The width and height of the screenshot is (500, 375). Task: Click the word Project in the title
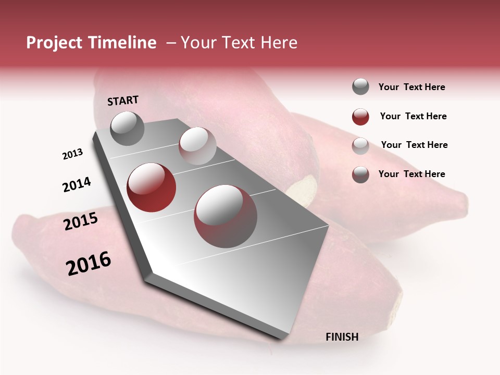(x=54, y=43)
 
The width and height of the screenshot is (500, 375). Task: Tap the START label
(x=123, y=101)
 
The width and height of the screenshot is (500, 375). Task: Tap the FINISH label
(x=342, y=337)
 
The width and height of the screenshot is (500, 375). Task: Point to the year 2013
(x=72, y=154)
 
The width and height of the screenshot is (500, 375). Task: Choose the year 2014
(x=77, y=185)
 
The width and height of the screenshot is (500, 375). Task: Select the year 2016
(x=89, y=264)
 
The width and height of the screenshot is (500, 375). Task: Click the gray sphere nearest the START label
(x=127, y=128)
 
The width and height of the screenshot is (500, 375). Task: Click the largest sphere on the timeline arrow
(x=226, y=216)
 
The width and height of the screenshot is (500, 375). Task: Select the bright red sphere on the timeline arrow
(x=152, y=187)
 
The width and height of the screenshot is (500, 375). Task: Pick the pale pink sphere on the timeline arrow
(x=197, y=146)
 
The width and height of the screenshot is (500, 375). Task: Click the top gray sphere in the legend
(x=360, y=87)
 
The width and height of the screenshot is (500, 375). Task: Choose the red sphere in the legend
(x=360, y=117)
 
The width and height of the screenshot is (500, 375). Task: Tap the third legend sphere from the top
(x=360, y=146)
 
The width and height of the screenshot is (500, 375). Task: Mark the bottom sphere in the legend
(x=360, y=174)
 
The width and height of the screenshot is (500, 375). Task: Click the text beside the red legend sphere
(x=413, y=116)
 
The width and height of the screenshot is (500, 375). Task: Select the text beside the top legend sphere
(x=411, y=87)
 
